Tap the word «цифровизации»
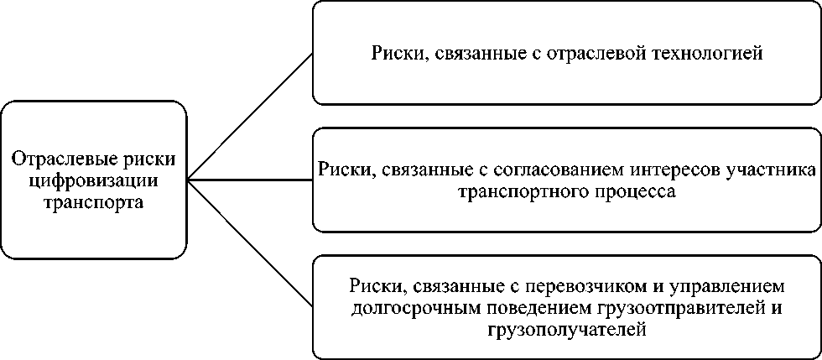coord(93,180)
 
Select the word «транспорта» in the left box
coord(93,201)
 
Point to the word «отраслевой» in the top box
coord(596,55)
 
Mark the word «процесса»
coord(639,191)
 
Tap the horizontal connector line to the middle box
coord(249,180)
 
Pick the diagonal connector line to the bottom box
coord(249,243)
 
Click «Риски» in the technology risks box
coord(395,55)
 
